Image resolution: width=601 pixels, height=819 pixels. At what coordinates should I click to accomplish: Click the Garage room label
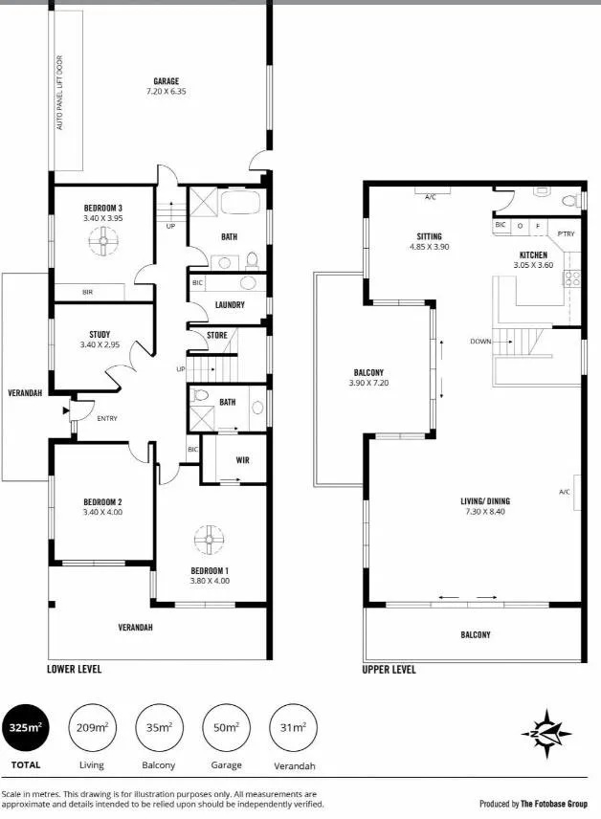(167, 81)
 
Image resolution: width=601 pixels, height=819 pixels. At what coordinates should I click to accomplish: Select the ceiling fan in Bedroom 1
(209, 540)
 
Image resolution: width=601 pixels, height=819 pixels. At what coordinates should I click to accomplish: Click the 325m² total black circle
(25, 727)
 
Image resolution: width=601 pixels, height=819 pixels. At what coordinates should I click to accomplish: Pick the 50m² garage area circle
(226, 727)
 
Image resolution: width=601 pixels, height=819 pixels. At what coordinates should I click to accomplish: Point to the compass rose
(546, 733)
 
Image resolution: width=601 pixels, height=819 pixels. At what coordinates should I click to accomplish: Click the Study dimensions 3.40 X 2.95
(100, 344)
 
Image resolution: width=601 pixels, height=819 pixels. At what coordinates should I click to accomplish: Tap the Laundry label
(230, 304)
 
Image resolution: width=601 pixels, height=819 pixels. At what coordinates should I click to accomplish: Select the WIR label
(242, 460)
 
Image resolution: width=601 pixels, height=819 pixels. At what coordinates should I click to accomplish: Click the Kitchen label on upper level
(533, 255)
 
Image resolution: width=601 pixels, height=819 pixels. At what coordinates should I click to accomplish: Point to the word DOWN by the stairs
(480, 341)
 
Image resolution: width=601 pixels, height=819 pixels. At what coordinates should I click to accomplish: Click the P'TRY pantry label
(566, 234)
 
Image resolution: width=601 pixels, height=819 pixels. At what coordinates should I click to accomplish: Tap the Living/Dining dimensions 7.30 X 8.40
(485, 511)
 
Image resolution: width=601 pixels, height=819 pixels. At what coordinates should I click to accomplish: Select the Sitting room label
(429, 236)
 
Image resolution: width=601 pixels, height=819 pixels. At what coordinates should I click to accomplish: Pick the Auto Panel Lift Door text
(59, 93)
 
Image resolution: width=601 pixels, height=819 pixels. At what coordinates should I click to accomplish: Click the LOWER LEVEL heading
(75, 669)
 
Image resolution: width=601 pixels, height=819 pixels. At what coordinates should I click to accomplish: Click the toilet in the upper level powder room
(568, 200)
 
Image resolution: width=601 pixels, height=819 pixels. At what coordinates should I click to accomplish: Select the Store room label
(217, 335)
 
